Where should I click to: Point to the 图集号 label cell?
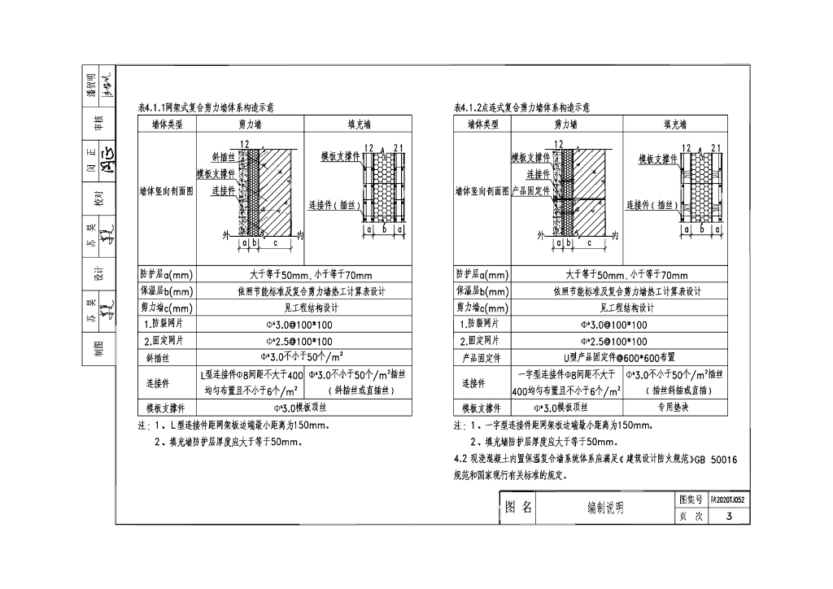(x=690, y=500)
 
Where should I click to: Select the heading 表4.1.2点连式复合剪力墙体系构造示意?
(x=521, y=107)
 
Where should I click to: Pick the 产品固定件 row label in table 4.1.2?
(x=482, y=357)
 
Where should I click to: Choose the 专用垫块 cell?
(x=677, y=408)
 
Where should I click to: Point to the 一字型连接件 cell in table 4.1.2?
(x=567, y=382)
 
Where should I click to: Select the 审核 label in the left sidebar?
(x=98, y=123)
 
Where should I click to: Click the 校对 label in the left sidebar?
(x=98, y=199)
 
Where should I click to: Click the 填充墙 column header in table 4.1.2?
(x=675, y=124)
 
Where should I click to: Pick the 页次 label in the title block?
(x=690, y=516)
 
